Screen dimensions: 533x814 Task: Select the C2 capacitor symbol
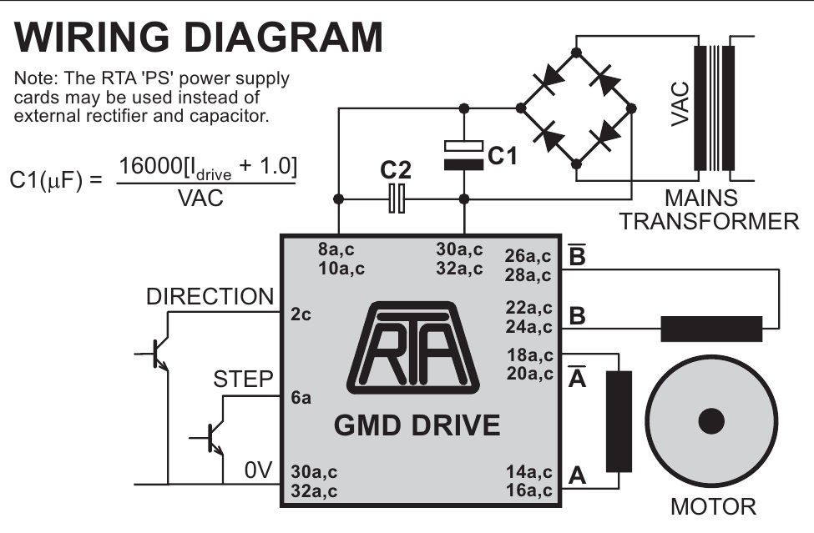(x=397, y=199)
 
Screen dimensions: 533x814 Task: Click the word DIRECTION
(x=210, y=297)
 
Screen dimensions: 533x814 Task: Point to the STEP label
(x=244, y=380)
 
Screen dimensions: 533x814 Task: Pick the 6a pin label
(x=301, y=398)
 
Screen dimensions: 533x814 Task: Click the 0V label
(x=259, y=471)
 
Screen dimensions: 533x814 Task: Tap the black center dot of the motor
(x=711, y=422)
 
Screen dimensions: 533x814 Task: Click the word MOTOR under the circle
(x=714, y=506)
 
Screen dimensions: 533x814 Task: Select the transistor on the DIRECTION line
(x=157, y=354)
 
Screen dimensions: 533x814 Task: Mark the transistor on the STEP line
(x=212, y=437)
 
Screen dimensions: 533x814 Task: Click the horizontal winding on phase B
(x=711, y=329)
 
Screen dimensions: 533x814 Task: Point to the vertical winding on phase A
(x=619, y=421)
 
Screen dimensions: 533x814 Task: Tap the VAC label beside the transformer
(x=680, y=104)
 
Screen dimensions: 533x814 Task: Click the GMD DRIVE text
(x=417, y=425)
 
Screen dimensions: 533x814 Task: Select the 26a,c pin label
(x=528, y=255)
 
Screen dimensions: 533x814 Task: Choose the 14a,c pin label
(x=528, y=472)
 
